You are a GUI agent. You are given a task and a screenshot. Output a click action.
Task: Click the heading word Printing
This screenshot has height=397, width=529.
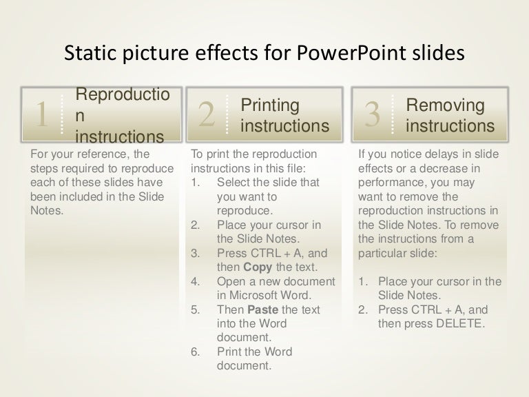pyautogui.click(x=270, y=105)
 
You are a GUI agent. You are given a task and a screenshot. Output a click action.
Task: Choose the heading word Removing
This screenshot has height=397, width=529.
pyautogui.click(x=446, y=105)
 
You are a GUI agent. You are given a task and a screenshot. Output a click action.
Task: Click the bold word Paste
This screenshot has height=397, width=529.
pyautogui.click(x=262, y=310)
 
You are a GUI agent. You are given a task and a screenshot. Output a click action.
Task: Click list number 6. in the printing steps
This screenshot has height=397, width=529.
pyautogui.click(x=195, y=352)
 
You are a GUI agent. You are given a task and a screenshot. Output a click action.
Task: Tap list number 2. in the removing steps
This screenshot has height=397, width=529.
pyautogui.click(x=363, y=309)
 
